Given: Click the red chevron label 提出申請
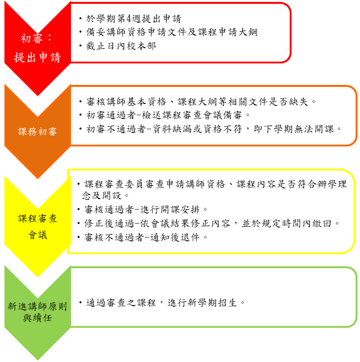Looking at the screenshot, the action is pos(37,57).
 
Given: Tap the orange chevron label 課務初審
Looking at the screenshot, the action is pos(37,131).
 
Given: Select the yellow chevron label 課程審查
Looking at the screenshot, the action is pos(37,218).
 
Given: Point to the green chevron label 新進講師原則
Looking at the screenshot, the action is pos(37,306).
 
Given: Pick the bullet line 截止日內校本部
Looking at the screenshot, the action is pos(120,46).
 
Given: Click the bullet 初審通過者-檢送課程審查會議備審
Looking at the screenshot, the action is pos(164,115).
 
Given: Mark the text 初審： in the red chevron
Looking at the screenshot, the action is pos(36,38).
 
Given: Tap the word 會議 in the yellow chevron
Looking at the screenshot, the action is pos(37,235).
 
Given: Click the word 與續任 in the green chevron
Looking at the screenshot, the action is pos(37,318).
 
